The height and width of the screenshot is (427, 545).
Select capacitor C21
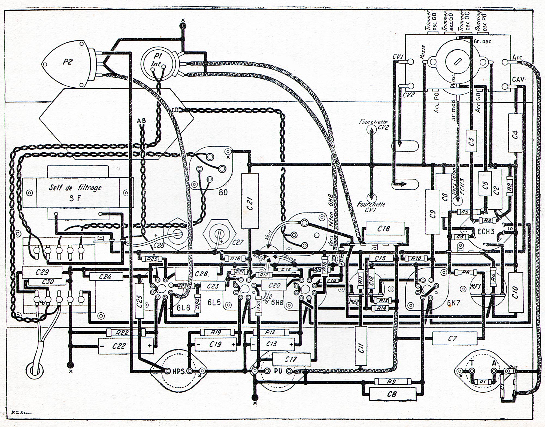tap(250, 201)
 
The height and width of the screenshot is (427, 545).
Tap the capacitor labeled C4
tap(515, 133)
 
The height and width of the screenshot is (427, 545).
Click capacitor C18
tap(383, 229)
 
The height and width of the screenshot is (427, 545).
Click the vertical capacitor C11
tap(361, 349)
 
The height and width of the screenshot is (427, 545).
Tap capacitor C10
tap(515, 292)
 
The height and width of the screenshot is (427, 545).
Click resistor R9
tap(391, 381)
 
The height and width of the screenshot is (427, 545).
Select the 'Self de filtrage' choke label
tap(75, 187)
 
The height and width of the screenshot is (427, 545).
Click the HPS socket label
tap(178, 371)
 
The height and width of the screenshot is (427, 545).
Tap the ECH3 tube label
tap(486, 231)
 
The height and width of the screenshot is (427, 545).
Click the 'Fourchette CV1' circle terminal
tap(371, 198)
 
